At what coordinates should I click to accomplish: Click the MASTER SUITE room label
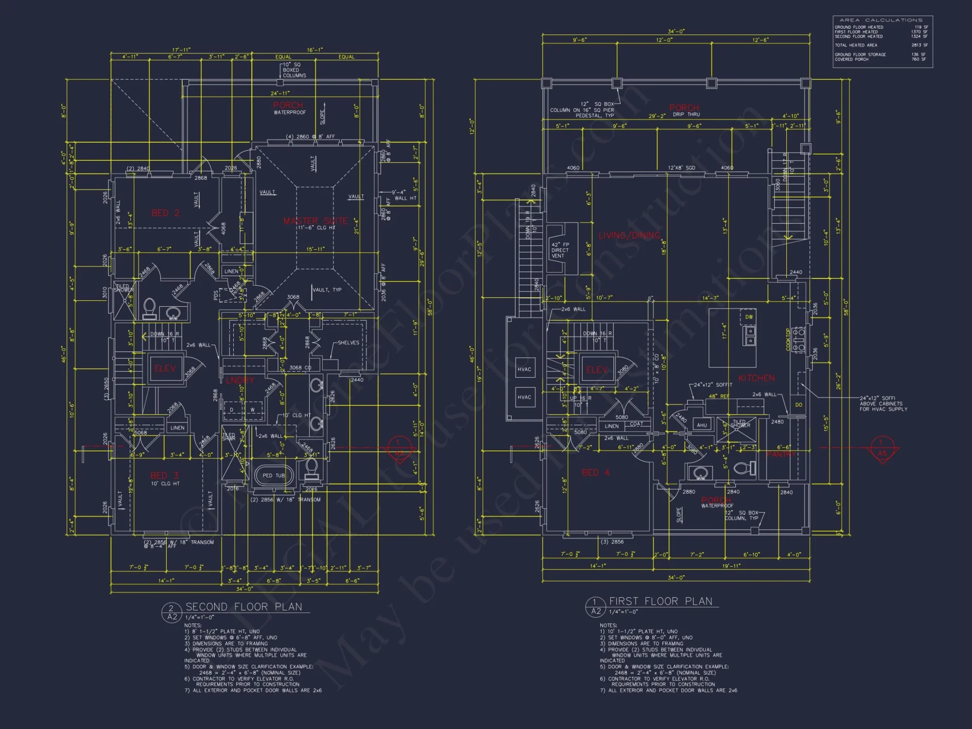pos(315,221)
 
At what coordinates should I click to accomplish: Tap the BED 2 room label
pos(165,213)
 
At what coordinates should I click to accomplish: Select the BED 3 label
pos(165,475)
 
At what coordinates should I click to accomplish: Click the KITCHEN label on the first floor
pos(756,378)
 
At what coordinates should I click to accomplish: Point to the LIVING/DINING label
pos(629,236)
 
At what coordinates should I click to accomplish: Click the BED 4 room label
pos(595,472)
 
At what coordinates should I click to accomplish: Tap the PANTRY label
pos(781,454)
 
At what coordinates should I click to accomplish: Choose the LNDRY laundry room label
pos(240,380)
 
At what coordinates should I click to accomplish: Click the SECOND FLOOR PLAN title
pos(244,607)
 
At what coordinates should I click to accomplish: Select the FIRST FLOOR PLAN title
pos(660,602)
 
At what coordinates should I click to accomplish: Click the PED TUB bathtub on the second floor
pos(274,475)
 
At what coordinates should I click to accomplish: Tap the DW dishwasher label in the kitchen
pos(749,317)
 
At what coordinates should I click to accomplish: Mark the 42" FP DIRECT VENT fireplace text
pos(560,250)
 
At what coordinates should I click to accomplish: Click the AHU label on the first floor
pos(702,425)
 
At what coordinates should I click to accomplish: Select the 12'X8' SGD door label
pos(681,168)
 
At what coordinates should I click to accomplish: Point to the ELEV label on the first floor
pos(597,370)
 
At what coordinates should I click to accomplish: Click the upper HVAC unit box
pos(524,369)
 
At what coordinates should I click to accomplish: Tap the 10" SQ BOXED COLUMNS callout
pos(295,70)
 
